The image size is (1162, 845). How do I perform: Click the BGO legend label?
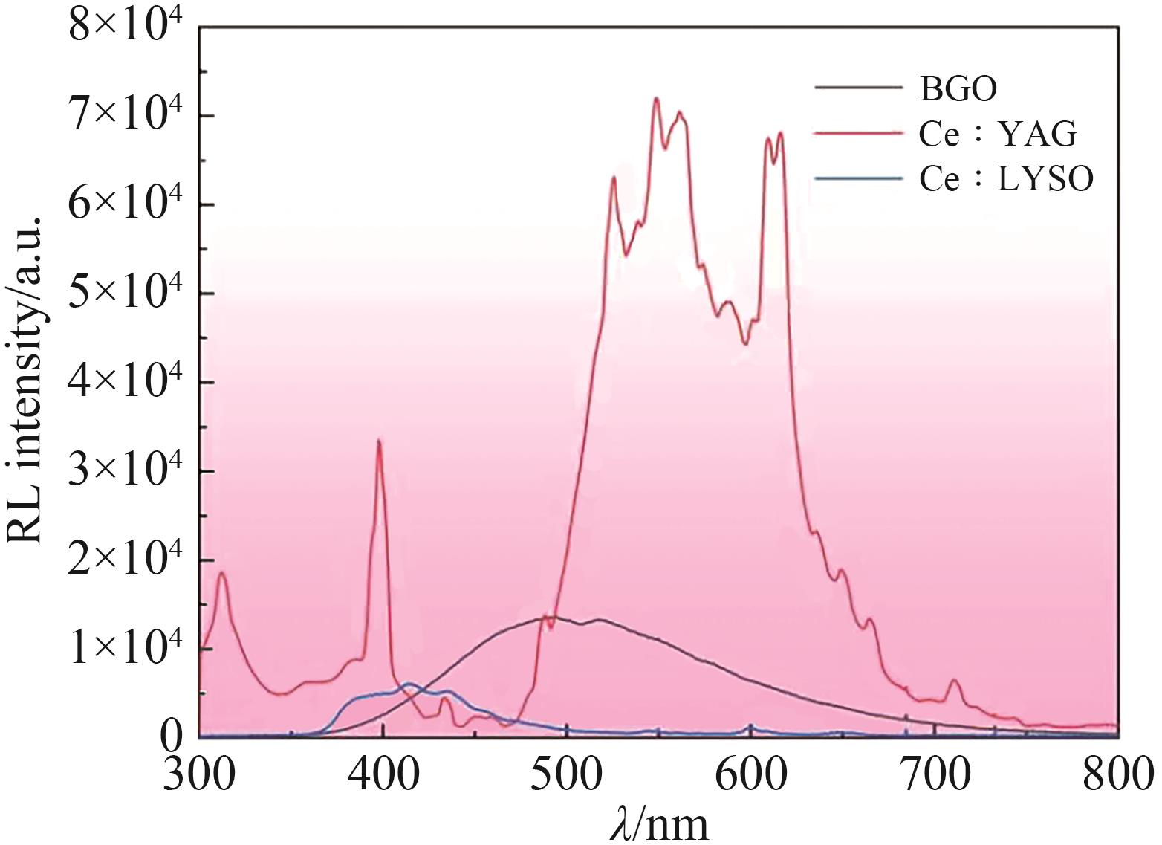(958, 89)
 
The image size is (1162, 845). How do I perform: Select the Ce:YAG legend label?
(997, 135)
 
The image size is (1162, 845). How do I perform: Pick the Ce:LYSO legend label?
(1006, 179)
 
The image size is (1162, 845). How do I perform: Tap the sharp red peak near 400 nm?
(379, 441)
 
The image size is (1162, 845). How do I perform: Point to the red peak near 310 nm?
(221, 573)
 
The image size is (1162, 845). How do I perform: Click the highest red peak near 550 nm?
(656, 99)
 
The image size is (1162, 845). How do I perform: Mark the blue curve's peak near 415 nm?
(409, 684)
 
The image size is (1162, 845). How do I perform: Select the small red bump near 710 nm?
(954, 681)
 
